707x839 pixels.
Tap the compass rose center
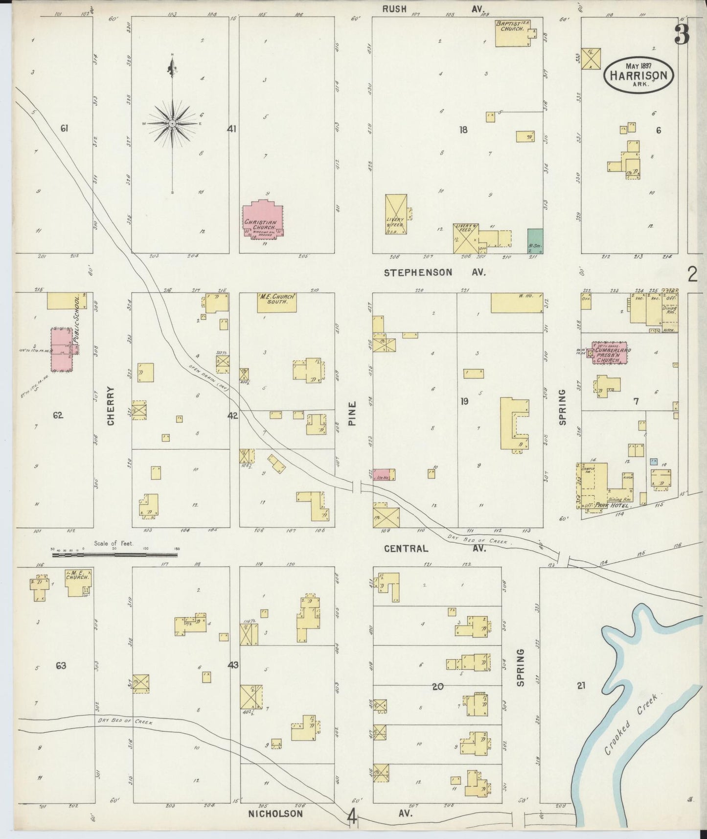(x=172, y=124)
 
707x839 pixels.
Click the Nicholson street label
(x=275, y=814)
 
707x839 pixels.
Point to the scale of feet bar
(x=115, y=554)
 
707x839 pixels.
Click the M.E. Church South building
(x=277, y=303)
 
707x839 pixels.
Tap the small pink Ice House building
(x=385, y=474)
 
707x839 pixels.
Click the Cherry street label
(x=111, y=406)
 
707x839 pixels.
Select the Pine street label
(x=352, y=414)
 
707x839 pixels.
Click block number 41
(x=231, y=129)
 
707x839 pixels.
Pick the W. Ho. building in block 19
(x=517, y=303)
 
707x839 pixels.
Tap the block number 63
(x=61, y=666)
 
